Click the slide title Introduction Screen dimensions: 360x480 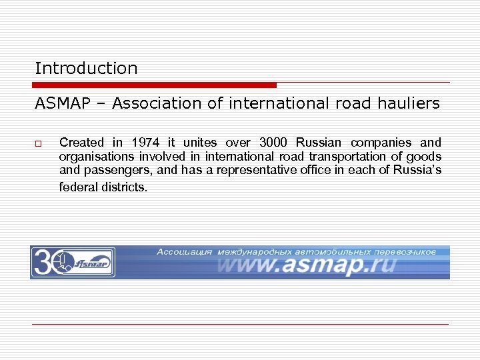(86, 68)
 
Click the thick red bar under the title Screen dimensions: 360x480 (154, 85)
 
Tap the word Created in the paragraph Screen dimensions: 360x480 (82, 142)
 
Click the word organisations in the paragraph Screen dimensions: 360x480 (93, 157)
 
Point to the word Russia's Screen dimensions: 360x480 (419, 171)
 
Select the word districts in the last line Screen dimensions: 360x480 (124, 187)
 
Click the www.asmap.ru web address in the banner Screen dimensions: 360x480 (306, 266)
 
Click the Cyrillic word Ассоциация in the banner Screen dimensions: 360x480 (185, 252)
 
